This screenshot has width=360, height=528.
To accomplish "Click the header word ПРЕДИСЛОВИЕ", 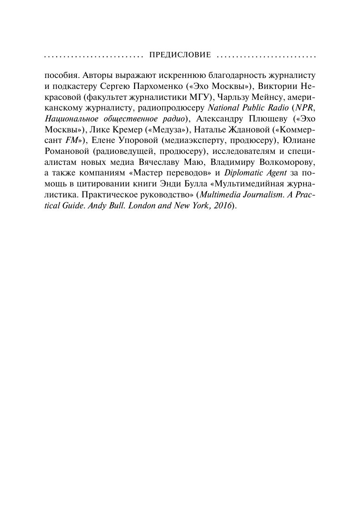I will [180, 55].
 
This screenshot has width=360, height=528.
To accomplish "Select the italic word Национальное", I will [72, 119].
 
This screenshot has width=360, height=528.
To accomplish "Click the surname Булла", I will [192, 183].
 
